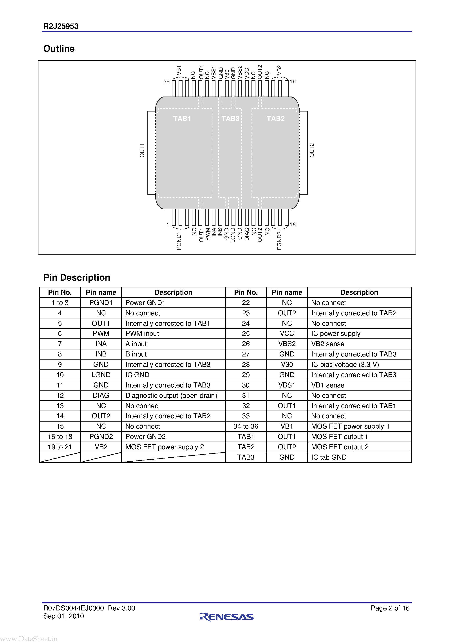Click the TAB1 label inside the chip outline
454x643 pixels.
coord(182,119)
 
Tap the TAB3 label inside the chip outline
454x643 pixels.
coord(230,119)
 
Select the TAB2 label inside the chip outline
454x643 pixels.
coord(275,119)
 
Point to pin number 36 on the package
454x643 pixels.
coord(166,82)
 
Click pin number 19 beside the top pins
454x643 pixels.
coord(293,82)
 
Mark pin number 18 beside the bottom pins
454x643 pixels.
coord(293,224)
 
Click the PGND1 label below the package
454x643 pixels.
coord(179,241)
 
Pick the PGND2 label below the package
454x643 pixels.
coord(279,241)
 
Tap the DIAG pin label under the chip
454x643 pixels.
coord(247,234)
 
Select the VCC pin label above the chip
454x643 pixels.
coord(246,73)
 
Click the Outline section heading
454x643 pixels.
coord(59,49)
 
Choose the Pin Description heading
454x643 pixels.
coord(77,278)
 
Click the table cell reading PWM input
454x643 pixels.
coord(142,334)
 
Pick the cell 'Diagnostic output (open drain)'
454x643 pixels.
coord(171,395)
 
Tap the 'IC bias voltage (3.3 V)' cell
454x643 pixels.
coord(345,364)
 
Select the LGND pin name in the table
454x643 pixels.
coord(101,375)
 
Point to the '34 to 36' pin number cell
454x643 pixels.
coord(246,426)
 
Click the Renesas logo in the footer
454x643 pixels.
coord(227,616)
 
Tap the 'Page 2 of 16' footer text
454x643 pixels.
coord(390,608)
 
